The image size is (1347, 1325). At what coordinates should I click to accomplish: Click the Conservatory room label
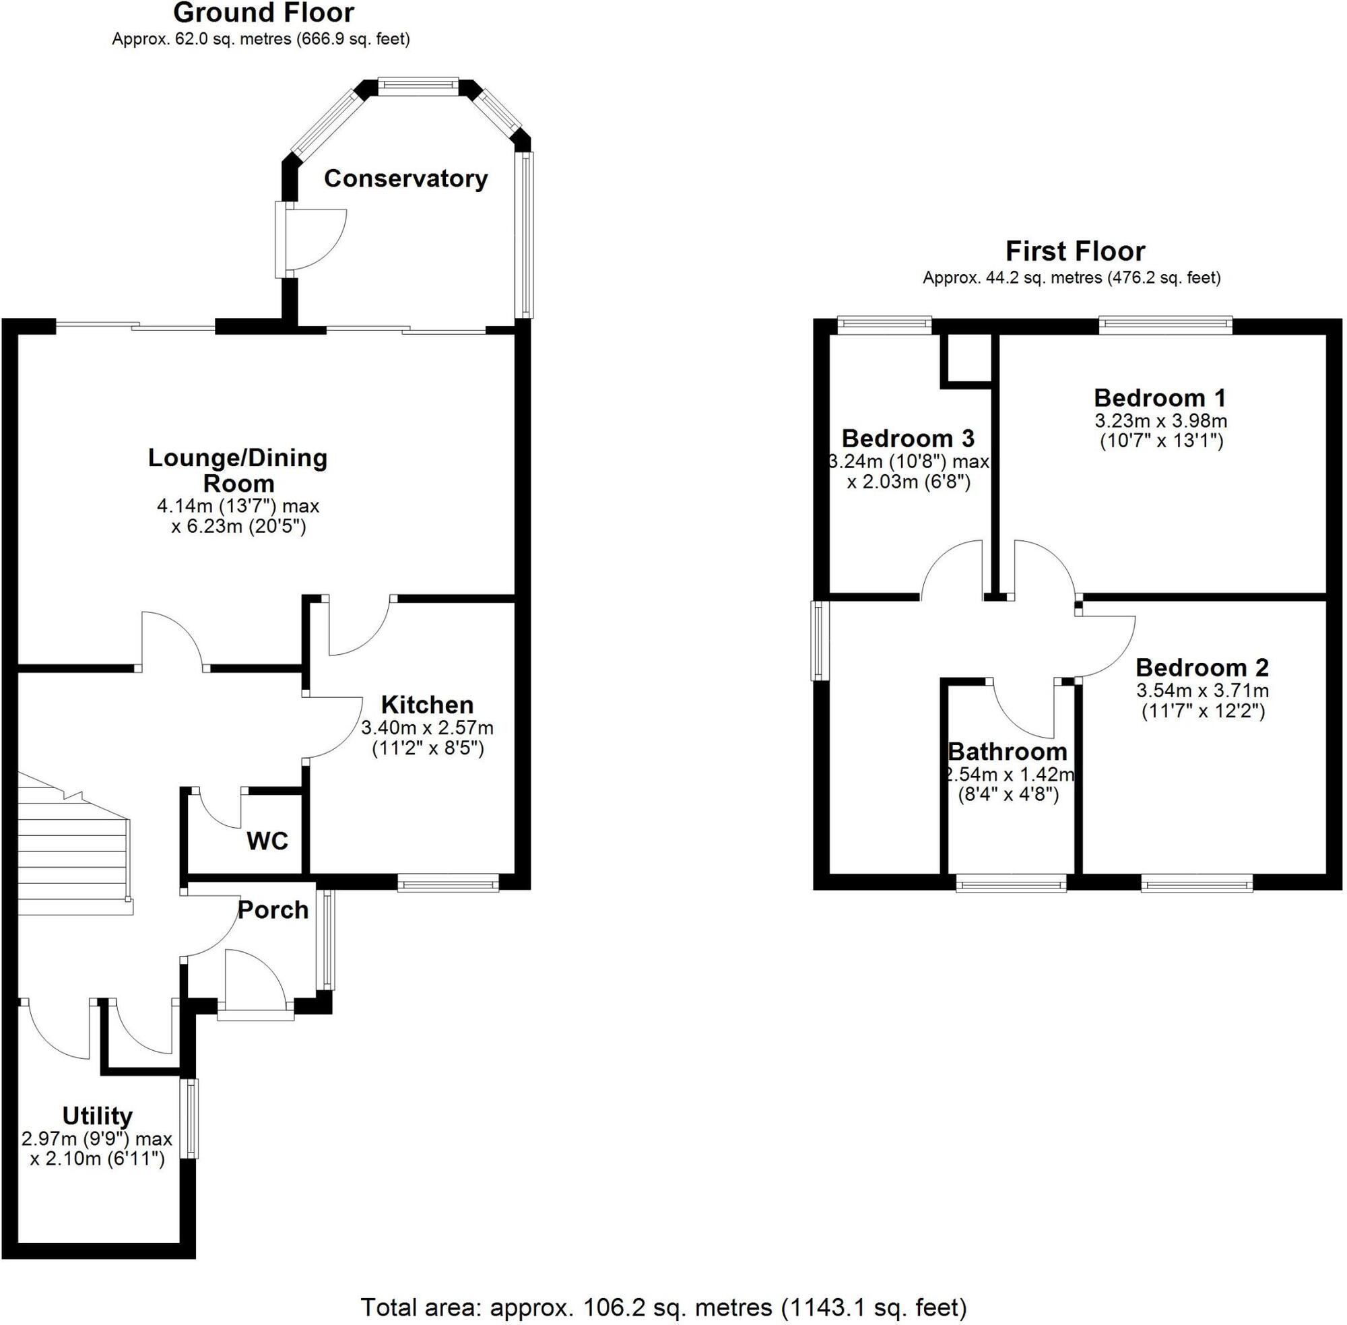(x=405, y=179)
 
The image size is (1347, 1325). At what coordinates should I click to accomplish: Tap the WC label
(x=267, y=841)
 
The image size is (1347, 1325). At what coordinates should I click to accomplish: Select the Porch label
(x=273, y=910)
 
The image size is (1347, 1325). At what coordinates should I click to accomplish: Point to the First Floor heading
(x=1074, y=251)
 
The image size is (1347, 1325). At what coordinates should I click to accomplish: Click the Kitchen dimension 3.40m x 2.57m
(x=427, y=729)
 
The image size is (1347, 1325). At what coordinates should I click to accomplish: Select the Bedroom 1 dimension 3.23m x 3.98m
(x=1160, y=421)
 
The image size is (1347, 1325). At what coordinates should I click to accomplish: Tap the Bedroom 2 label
(x=1202, y=668)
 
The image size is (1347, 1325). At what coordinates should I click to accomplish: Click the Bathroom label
(x=1008, y=752)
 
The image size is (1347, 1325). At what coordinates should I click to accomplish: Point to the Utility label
(x=98, y=1116)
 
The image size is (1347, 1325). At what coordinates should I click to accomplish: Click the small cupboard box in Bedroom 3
(x=966, y=358)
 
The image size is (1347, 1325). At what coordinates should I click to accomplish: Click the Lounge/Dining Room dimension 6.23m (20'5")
(x=238, y=526)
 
